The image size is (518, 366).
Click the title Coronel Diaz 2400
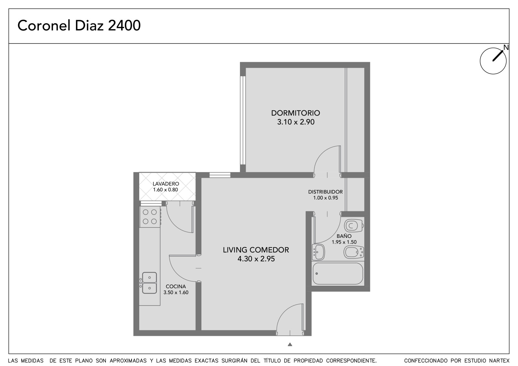[x=79, y=26]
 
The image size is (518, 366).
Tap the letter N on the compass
[x=506, y=47]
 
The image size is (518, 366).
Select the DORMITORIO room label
[x=296, y=113]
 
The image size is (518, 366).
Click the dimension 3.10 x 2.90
[x=296, y=122]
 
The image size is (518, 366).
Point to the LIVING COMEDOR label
[x=256, y=250]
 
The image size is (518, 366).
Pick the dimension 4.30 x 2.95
[x=256, y=259]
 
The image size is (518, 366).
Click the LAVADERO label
[x=166, y=184]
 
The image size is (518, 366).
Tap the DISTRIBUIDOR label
[x=325, y=192]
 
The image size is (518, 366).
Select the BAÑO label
[x=344, y=236]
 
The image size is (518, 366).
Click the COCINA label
[x=176, y=286]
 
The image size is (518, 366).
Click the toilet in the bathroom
[x=354, y=226]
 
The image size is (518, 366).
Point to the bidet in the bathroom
[x=354, y=252]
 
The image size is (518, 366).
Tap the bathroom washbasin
[x=318, y=252]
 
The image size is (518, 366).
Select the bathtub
[x=338, y=273]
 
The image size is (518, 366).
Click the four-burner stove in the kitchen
[x=150, y=217]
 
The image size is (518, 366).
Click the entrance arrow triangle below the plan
[x=290, y=344]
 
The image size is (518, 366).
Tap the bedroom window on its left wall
[x=242, y=120]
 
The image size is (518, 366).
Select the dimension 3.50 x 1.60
[x=176, y=293]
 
